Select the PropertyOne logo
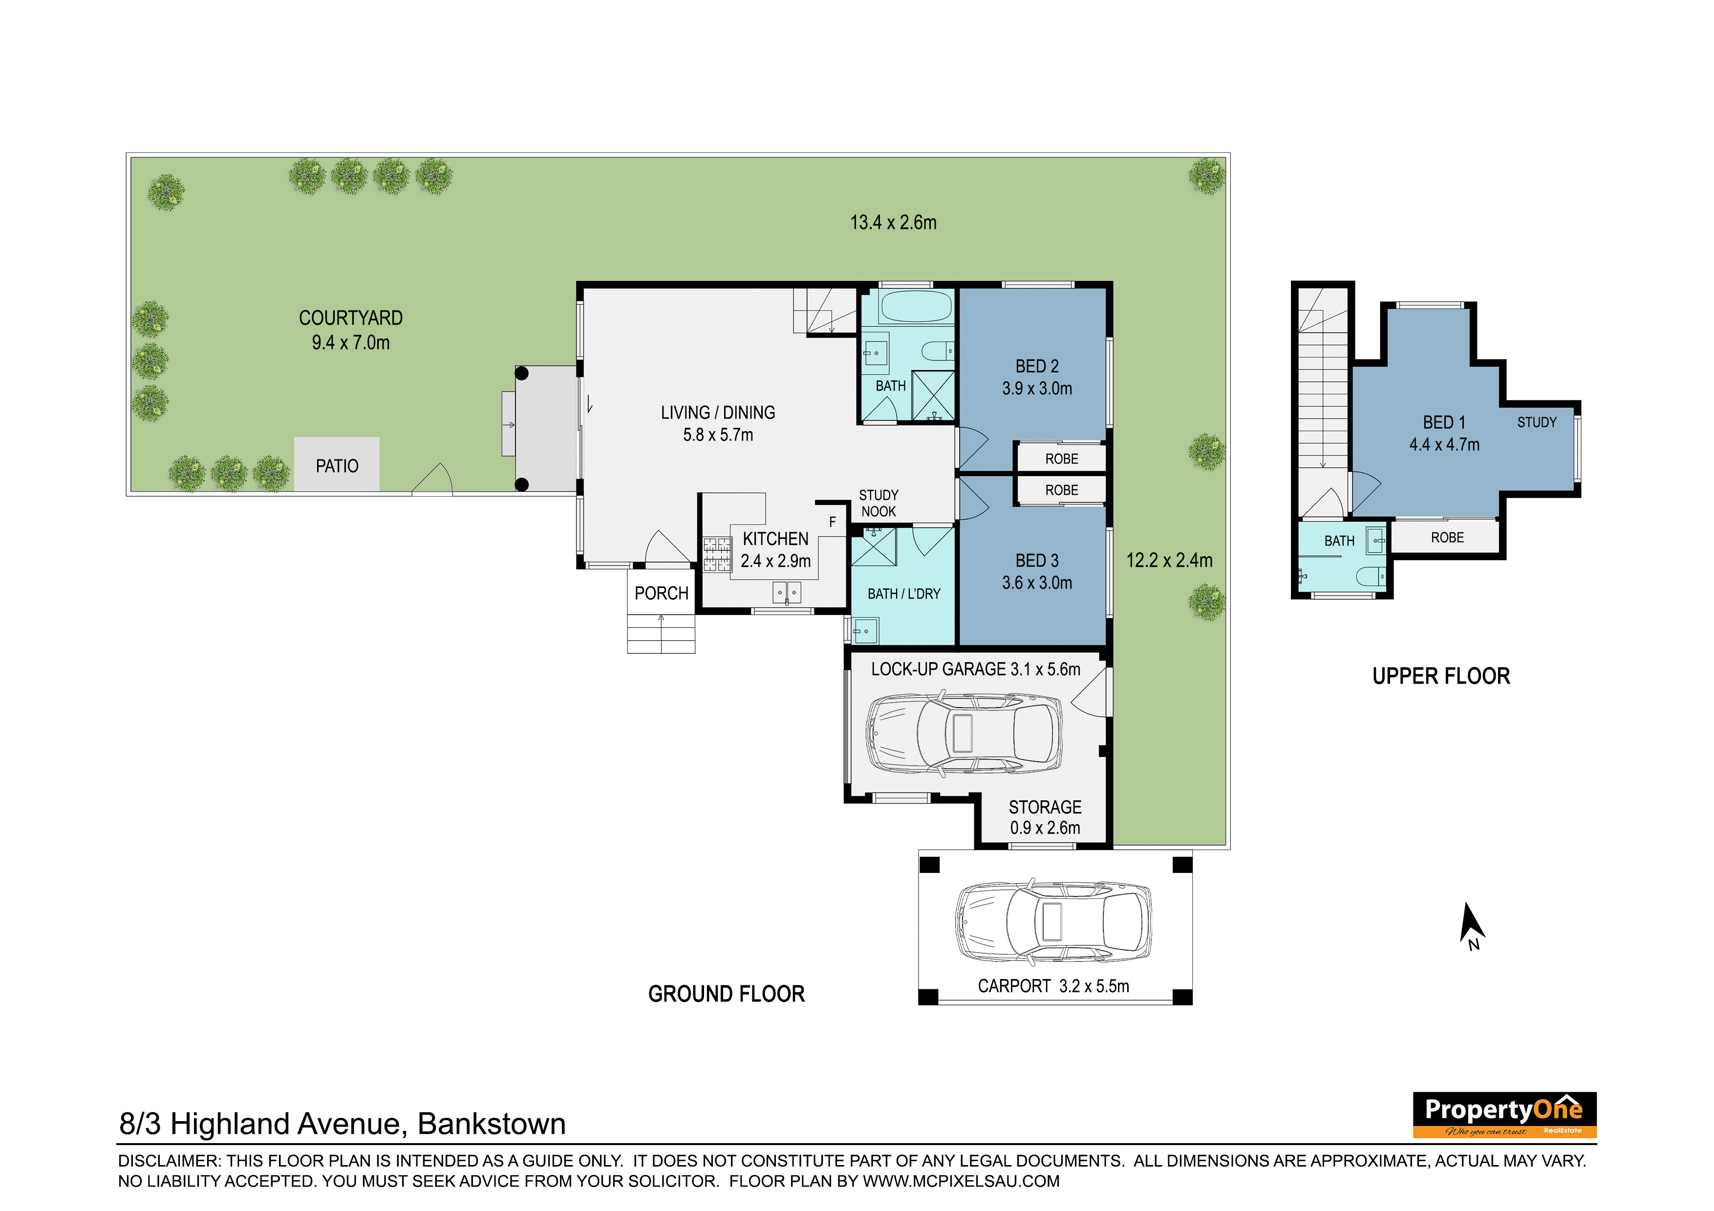pyautogui.click(x=1504, y=1115)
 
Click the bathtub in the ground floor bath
pyautogui.click(x=915, y=306)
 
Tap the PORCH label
pyautogui.click(x=662, y=593)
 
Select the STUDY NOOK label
pyautogui.click(x=878, y=503)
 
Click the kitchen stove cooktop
pyautogui.click(x=717, y=554)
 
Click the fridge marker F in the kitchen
pyautogui.click(x=833, y=522)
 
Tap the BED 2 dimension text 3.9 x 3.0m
pyautogui.click(x=1037, y=389)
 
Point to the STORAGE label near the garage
pyautogui.click(x=1045, y=807)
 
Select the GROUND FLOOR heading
pyautogui.click(x=727, y=994)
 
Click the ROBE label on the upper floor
pyautogui.click(x=1447, y=537)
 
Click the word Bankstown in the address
pyautogui.click(x=491, y=1124)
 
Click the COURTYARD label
pyautogui.click(x=351, y=318)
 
